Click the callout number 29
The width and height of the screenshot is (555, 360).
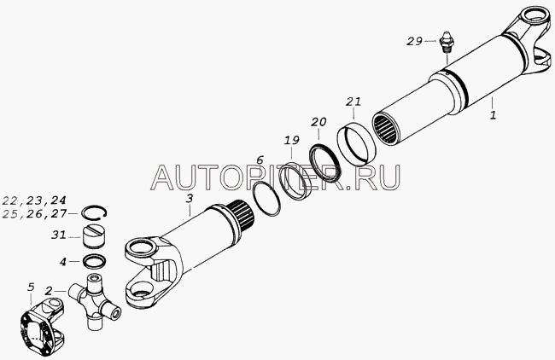414,42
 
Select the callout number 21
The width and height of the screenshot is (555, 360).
353,102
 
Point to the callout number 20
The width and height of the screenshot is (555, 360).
318,122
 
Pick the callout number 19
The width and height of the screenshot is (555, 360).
292,140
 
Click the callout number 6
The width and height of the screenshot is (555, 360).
260,160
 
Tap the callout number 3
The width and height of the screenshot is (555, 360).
190,199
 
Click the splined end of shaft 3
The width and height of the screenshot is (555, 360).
242,215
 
